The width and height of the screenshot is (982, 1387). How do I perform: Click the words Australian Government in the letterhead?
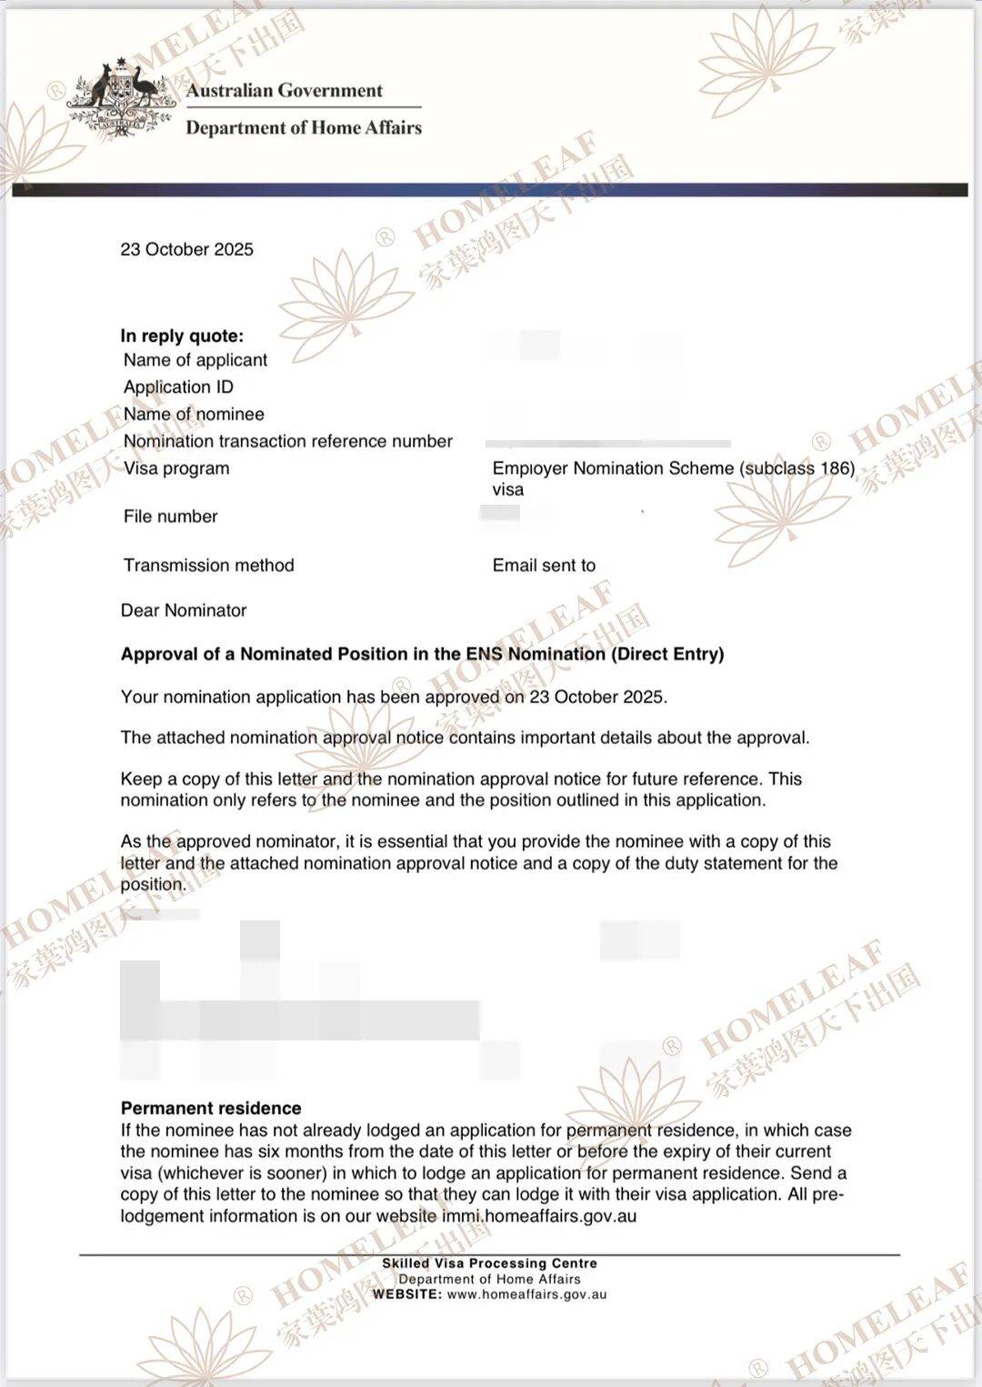(x=285, y=90)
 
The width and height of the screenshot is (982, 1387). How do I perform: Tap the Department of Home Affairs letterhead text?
(x=304, y=127)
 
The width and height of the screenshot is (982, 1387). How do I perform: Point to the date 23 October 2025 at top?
(x=186, y=249)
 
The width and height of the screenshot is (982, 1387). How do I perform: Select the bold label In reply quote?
(x=182, y=336)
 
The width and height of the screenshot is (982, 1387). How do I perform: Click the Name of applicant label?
(x=195, y=360)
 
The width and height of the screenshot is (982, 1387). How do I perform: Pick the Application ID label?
(x=178, y=387)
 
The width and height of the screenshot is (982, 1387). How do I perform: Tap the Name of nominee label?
(x=194, y=414)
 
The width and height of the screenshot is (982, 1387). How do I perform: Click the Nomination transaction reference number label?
(x=287, y=441)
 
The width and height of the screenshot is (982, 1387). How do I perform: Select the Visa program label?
(x=176, y=468)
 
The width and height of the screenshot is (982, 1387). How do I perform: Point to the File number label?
(x=171, y=517)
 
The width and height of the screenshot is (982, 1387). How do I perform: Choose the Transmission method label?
(x=209, y=565)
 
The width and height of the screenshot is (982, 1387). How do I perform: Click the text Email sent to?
(x=544, y=565)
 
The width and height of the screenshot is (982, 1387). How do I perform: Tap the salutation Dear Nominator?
(x=184, y=610)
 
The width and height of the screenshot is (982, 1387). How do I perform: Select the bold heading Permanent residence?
(x=211, y=1108)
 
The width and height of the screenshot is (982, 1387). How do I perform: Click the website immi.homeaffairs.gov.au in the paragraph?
(x=539, y=1216)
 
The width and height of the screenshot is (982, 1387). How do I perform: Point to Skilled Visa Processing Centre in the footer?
(x=489, y=1263)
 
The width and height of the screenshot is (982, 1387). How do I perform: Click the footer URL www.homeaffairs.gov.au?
(x=526, y=1294)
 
